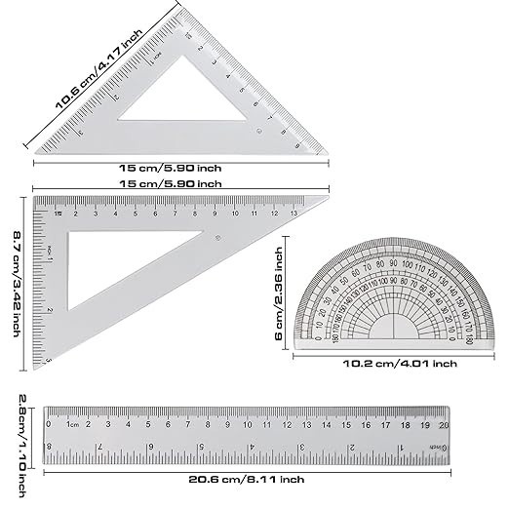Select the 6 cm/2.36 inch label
coord(280,291)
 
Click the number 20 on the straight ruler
coord(445,424)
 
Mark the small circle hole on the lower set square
coord(217,240)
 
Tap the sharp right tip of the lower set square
coord(328,199)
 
